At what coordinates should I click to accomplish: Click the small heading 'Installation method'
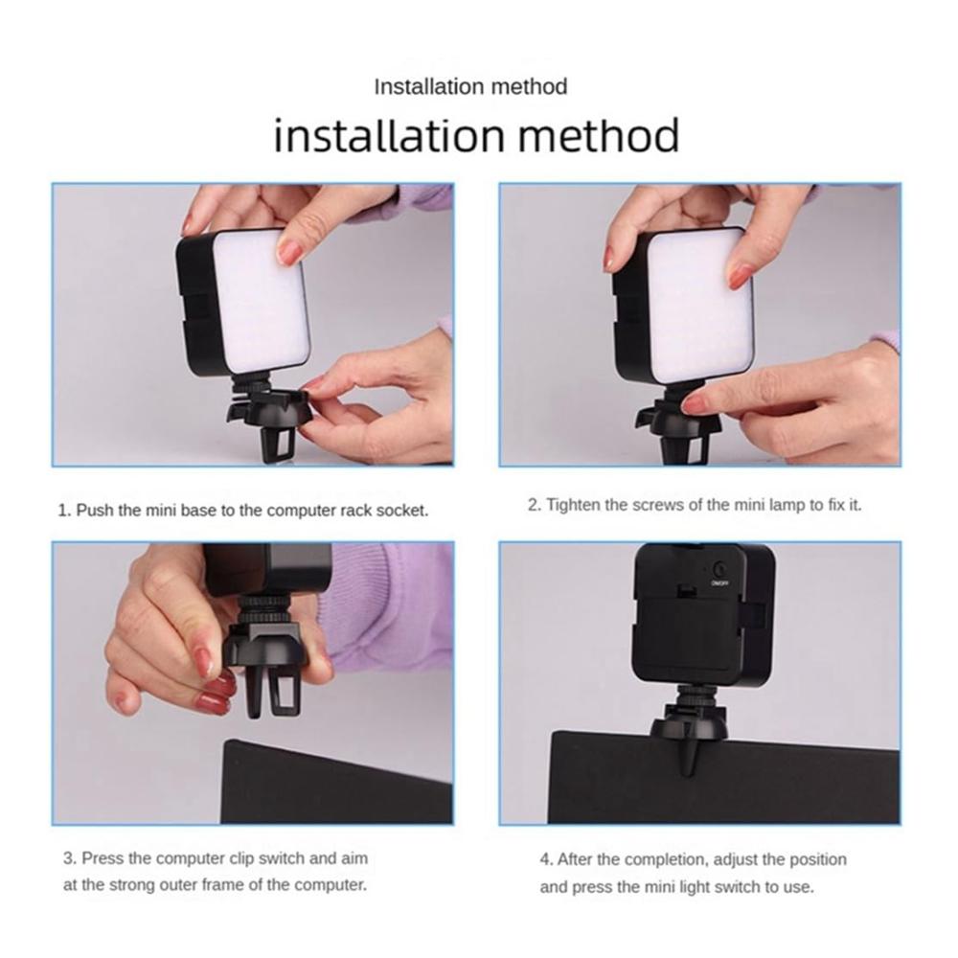click(x=470, y=87)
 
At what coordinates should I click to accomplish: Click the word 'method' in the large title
click(x=599, y=135)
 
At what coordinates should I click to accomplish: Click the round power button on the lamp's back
click(x=720, y=569)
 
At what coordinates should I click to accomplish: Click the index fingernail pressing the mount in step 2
click(x=698, y=403)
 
